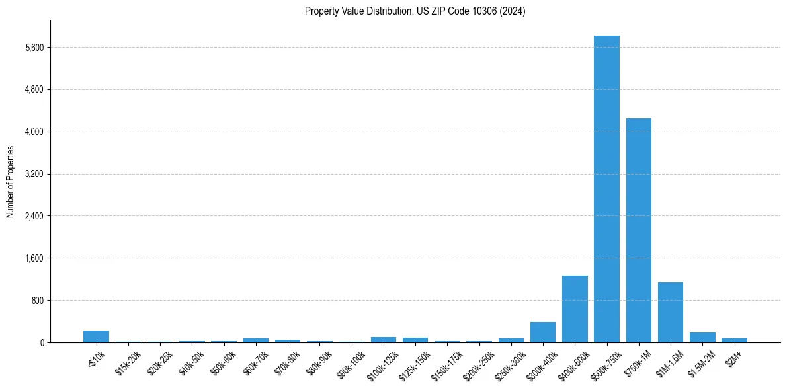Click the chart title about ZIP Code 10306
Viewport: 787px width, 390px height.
(x=415, y=11)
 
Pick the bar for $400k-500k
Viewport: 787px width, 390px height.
(x=575, y=309)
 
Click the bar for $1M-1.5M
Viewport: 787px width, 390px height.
(x=671, y=312)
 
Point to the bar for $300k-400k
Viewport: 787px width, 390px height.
(x=543, y=332)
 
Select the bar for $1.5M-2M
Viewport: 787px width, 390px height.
(x=702, y=337)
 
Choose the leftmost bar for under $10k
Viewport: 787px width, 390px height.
(x=96, y=336)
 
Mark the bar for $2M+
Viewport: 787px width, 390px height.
(x=734, y=340)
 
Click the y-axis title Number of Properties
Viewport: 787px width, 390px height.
(x=11, y=182)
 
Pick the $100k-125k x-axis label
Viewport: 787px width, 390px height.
(x=384, y=362)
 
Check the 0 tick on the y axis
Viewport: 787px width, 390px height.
(x=41, y=342)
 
